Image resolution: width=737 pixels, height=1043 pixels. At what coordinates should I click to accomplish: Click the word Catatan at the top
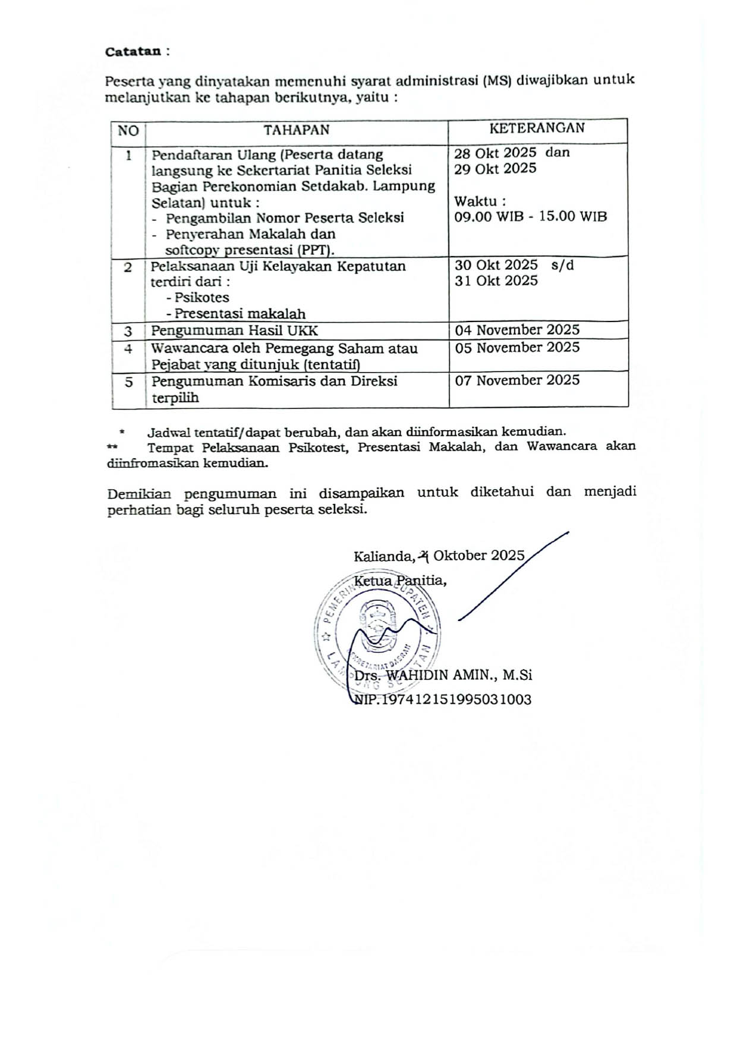point(133,52)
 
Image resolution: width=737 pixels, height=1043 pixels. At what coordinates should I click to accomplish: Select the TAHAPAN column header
point(296,130)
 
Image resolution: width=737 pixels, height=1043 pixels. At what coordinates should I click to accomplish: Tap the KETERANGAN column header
point(537,128)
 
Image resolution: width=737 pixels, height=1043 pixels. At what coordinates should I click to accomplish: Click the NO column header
point(128,131)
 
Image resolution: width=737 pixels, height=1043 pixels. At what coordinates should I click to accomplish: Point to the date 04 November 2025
point(517,330)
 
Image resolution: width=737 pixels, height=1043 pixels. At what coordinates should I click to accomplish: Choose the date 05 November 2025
point(517,347)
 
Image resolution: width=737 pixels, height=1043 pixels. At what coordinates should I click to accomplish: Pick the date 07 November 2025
point(517,380)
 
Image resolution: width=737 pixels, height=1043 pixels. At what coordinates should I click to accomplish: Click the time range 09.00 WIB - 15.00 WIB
point(530,216)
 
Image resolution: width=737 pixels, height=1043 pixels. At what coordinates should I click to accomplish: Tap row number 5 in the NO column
point(128,382)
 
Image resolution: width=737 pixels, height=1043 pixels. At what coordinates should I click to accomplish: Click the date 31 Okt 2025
point(496,281)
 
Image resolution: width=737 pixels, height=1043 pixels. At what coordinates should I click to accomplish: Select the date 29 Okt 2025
point(495,168)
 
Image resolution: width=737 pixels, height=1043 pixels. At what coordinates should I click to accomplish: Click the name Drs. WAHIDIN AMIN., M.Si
point(443,675)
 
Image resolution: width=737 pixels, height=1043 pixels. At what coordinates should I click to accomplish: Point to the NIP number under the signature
point(442,699)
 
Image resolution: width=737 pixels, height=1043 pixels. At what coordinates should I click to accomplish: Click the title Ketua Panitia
point(399,580)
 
